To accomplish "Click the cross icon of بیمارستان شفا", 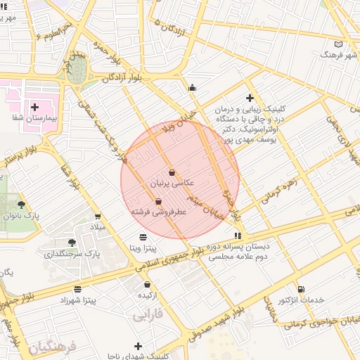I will pyautogui.click(x=34, y=106).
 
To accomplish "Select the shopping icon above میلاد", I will pyautogui.click(x=97, y=216).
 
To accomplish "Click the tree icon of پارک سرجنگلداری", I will pyautogui.click(x=72, y=242).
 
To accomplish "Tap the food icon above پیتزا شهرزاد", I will pyautogui.click(x=77, y=289).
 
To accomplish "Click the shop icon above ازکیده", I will pyautogui.click(x=147, y=285).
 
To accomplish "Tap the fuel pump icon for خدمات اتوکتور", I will pyautogui.click(x=302, y=289).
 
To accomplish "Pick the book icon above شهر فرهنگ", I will pyautogui.click(x=340, y=44).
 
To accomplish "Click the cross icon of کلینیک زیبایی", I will pyautogui.click(x=250, y=98).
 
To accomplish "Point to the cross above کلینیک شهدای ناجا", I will pyautogui.click(x=138, y=346).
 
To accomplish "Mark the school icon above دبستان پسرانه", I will pyautogui.click(x=238, y=235).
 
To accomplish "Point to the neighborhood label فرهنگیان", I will pyautogui.click(x=51, y=345).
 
